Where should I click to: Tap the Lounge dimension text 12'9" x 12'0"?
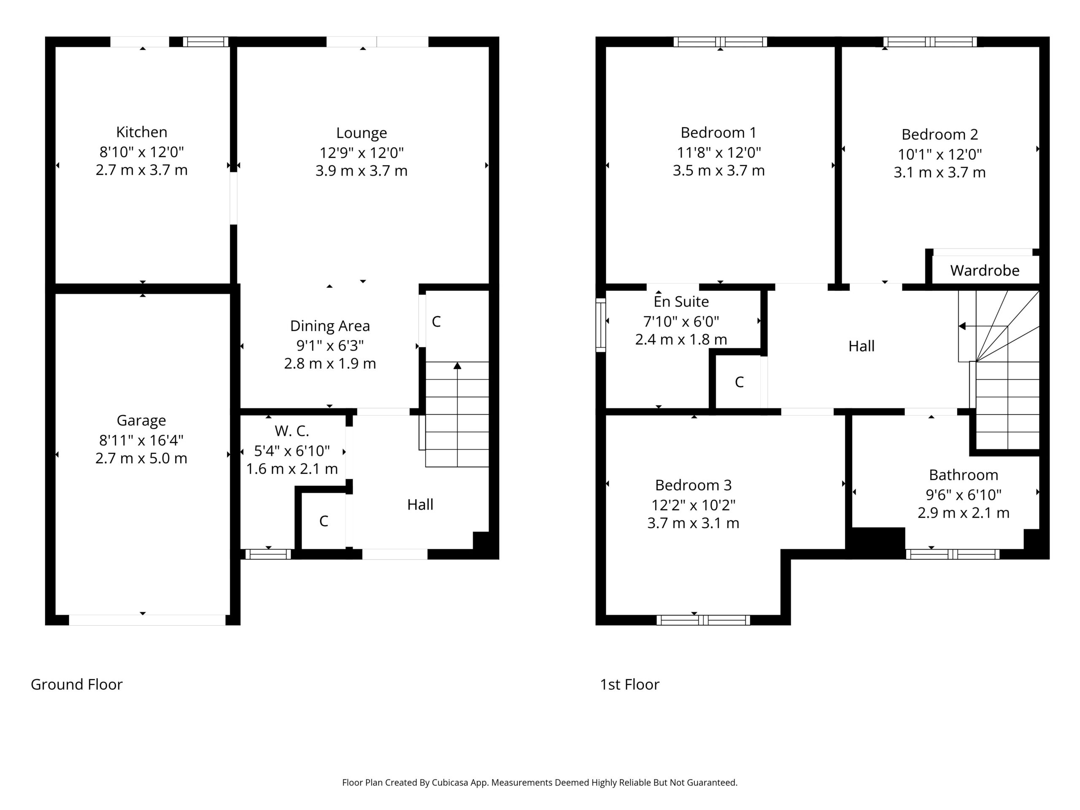point(361,153)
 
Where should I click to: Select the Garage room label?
point(141,420)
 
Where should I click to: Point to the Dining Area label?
point(330,326)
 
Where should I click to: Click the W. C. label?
point(292,431)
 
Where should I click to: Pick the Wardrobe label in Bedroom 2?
point(985,270)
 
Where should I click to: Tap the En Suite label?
point(681,302)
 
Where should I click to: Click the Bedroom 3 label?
point(693,485)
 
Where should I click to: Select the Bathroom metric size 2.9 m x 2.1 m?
point(963,513)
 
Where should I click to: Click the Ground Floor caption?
point(77,685)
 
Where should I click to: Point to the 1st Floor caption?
point(629,685)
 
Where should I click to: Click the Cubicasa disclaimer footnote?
point(540,783)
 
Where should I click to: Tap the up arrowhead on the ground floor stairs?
point(457,366)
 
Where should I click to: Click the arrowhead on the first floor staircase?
point(962,326)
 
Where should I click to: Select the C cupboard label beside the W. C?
point(324,521)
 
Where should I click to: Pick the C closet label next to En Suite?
point(739,382)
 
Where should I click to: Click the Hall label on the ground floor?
point(420,505)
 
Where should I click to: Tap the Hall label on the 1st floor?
point(861,346)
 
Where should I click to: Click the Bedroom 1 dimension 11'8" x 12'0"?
point(719,153)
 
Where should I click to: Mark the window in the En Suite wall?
point(601,325)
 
